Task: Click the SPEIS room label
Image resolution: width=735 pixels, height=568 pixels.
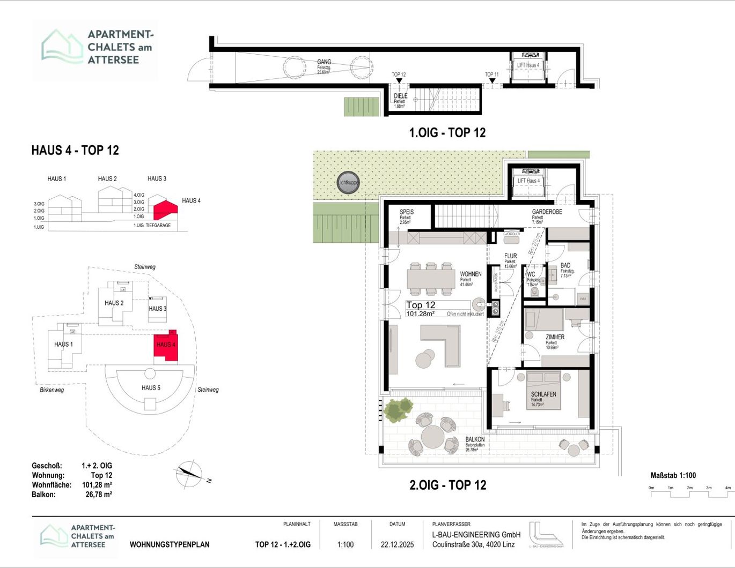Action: tap(406, 212)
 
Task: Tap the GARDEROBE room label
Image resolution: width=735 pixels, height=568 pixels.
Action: tap(547, 212)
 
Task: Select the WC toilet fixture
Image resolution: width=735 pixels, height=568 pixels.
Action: tap(533, 292)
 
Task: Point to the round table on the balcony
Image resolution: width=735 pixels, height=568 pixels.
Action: tap(432, 436)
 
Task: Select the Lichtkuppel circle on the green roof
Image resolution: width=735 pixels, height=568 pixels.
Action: tap(348, 183)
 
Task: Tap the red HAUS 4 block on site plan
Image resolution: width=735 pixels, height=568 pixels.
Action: tap(166, 345)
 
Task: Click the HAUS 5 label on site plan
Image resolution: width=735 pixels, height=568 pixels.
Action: tap(151, 387)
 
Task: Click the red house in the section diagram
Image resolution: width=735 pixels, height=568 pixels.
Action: tap(165, 209)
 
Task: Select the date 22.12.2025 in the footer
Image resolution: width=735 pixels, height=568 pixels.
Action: tap(397, 544)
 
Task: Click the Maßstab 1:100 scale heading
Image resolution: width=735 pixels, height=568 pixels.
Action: tap(673, 475)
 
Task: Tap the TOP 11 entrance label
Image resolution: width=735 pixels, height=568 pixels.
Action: tap(491, 74)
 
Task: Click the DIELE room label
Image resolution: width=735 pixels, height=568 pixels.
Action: tap(400, 96)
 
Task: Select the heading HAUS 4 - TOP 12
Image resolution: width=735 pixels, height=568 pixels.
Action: tap(75, 150)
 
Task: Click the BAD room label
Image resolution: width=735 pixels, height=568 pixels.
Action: tap(565, 265)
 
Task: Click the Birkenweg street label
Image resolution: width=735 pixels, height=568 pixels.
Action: tap(52, 390)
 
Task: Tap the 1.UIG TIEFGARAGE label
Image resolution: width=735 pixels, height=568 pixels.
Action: tap(152, 226)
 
